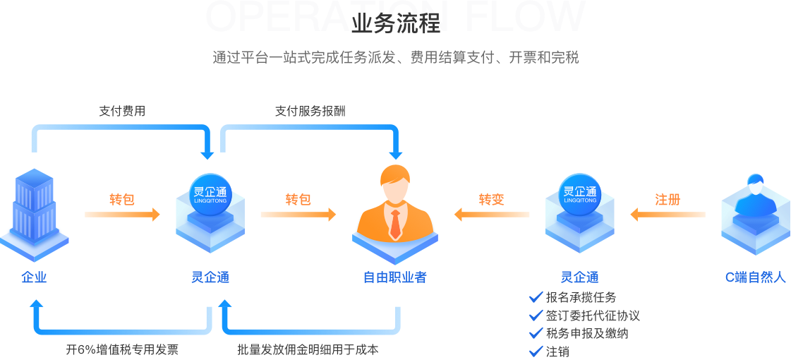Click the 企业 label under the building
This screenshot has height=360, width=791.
click(34, 277)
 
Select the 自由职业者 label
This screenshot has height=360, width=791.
click(394, 277)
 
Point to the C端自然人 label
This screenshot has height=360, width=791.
click(755, 277)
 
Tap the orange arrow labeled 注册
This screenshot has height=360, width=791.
click(668, 213)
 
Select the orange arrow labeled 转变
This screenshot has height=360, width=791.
click(492, 213)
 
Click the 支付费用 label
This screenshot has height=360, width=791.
click(122, 111)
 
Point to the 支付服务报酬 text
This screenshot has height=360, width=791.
click(310, 111)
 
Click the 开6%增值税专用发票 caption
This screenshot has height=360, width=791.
click(122, 349)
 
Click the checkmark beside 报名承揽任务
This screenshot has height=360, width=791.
click(536, 297)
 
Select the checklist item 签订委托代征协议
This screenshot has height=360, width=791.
click(592, 316)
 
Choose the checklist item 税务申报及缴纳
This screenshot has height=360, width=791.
click(586, 333)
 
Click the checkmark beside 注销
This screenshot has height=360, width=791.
click(536, 351)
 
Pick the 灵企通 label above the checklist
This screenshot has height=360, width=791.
click(579, 277)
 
